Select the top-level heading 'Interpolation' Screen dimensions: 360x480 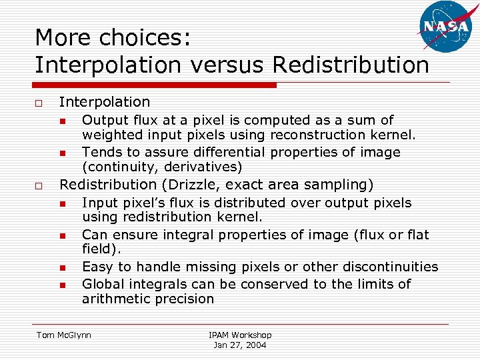(x=105, y=102)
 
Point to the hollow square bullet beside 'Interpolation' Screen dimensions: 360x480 (x=39, y=103)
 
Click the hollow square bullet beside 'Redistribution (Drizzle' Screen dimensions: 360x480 (x=39, y=186)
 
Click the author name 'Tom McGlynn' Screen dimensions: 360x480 (x=63, y=335)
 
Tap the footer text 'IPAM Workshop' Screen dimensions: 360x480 (x=240, y=335)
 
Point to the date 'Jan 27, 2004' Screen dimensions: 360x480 (x=240, y=345)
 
